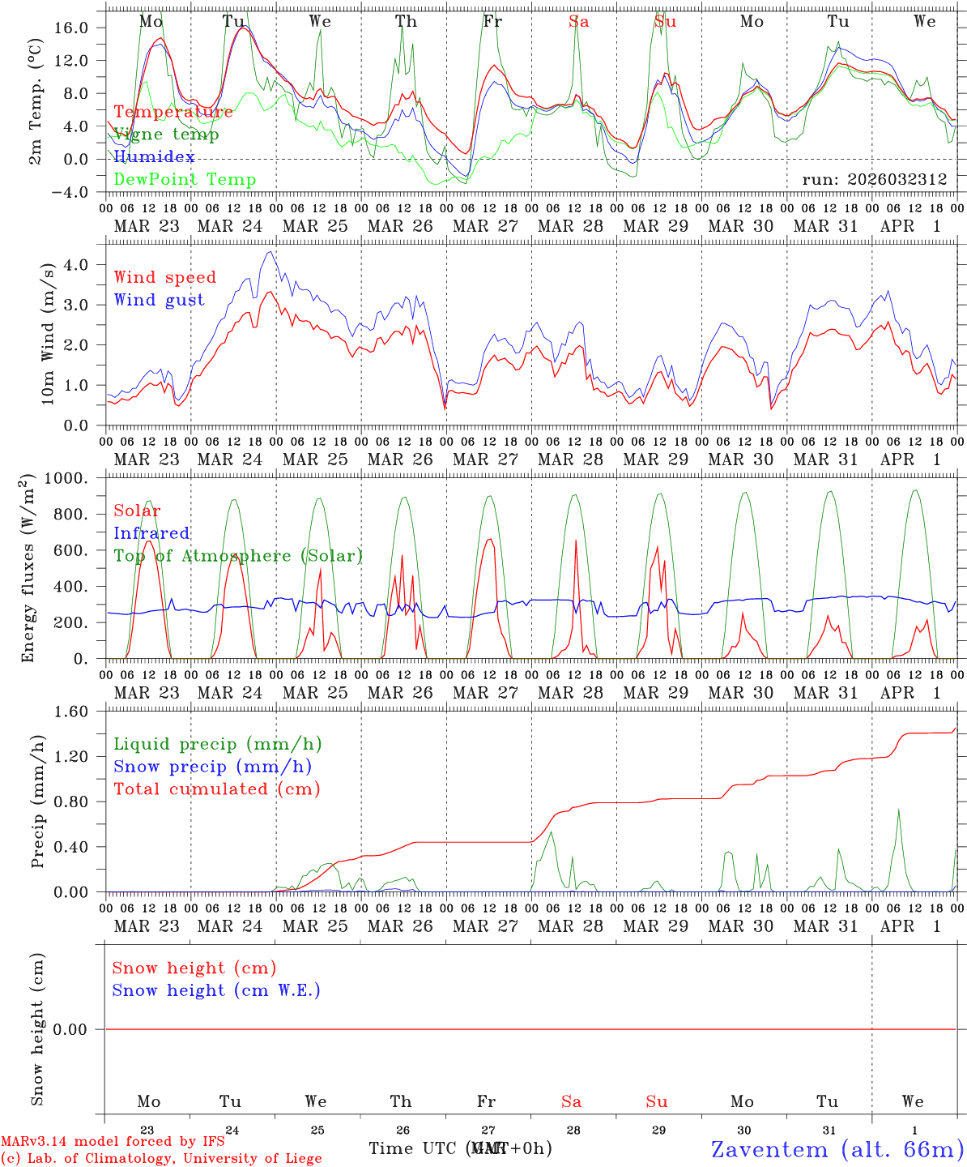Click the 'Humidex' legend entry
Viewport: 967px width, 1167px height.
pyautogui.click(x=154, y=156)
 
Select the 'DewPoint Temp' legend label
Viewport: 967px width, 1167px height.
pyautogui.click(x=185, y=179)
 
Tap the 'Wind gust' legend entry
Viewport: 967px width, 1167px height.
pyautogui.click(x=159, y=300)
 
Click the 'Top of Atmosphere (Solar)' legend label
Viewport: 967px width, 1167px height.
pyautogui.click(x=238, y=556)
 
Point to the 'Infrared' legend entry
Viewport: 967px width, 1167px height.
pyautogui.click(x=151, y=533)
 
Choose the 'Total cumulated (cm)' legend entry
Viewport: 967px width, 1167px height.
pyautogui.click(x=216, y=789)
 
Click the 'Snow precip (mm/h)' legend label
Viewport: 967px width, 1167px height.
pyautogui.click(x=212, y=767)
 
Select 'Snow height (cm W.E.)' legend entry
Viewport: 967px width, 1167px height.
pyautogui.click(x=216, y=990)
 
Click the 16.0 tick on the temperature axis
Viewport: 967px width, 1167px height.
pyautogui.click(x=71, y=28)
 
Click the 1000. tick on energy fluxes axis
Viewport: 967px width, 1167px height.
pyautogui.click(x=66, y=478)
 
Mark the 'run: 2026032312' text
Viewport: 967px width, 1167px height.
pyautogui.click(x=874, y=179)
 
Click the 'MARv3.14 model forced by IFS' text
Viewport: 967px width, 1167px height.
pyautogui.click(x=113, y=1141)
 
